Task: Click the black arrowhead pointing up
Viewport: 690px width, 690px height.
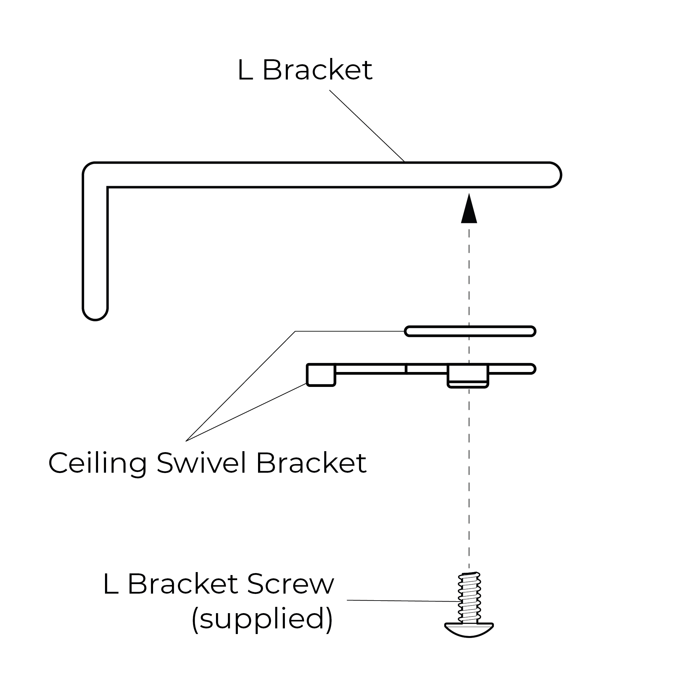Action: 469,209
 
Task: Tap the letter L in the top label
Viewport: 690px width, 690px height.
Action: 245,70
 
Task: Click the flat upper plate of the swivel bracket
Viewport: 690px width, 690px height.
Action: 470,331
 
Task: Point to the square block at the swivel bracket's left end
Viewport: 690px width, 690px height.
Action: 321,375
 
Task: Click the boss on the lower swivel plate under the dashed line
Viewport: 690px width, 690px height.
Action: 468,376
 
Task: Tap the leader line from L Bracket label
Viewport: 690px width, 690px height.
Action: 367,126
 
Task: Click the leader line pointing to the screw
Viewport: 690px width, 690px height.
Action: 403,601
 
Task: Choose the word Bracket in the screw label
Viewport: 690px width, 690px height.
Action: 183,585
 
